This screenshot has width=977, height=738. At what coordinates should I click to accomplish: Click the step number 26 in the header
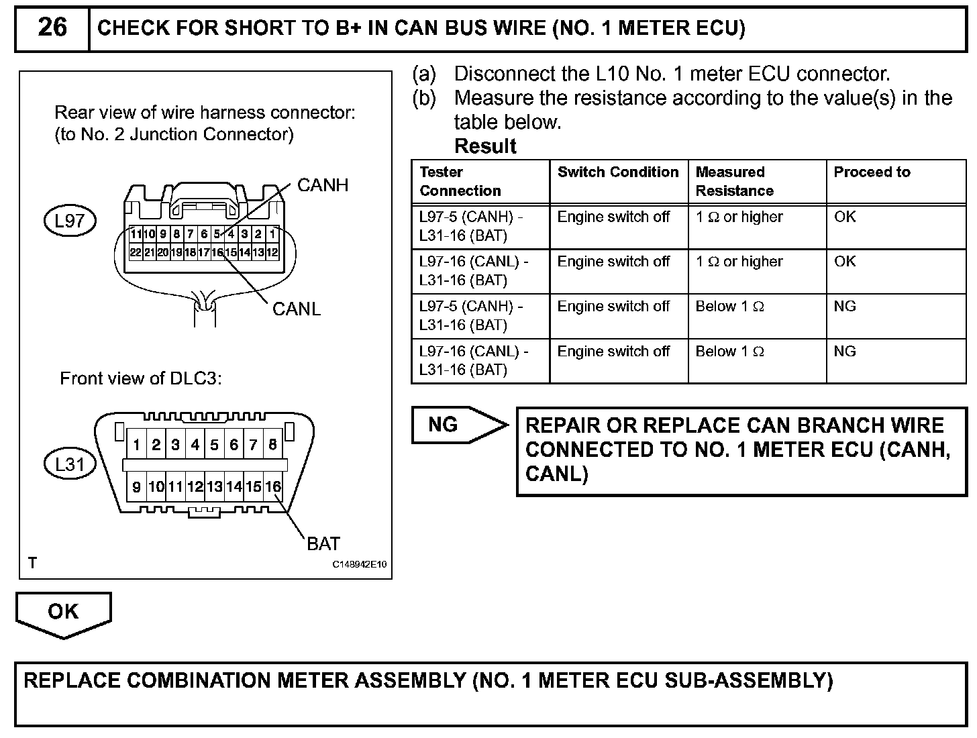tap(52, 28)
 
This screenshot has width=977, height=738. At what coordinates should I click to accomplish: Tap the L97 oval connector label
tap(70, 221)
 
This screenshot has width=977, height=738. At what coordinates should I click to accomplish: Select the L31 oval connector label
tap(70, 464)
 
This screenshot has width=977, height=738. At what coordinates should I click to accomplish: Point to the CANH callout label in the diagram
tap(323, 185)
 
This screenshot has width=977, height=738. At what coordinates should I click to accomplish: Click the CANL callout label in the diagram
tap(297, 309)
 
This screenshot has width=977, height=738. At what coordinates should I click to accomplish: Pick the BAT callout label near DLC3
tap(323, 543)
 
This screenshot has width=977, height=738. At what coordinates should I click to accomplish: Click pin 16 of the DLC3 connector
tap(273, 487)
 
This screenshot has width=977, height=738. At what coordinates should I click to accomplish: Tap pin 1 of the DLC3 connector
tap(137, 445)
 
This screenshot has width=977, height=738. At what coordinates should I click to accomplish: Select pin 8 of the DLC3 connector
tap(273, 445)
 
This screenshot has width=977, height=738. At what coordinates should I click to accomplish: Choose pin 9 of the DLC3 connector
tap(137, 487)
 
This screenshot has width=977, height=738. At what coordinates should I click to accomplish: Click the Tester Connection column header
tap(460, 181)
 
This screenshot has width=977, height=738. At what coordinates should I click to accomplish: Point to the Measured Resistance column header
tap(734, 181)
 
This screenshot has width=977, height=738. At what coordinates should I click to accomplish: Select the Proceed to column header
tap(872, 172)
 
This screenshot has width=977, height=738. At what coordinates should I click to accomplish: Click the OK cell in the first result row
tap(845, 217)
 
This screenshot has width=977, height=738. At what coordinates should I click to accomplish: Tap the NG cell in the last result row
tap(845, 352)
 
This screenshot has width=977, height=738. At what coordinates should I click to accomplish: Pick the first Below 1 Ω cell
tap(729, 307)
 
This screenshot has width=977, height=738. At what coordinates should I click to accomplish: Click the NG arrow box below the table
tap(456, 425)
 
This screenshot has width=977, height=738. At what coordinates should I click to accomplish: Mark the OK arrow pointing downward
tap(63, 613)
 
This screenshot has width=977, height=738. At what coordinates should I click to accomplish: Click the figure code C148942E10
tap(360, 565)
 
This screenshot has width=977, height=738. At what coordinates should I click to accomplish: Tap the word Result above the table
tap(485, 146)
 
